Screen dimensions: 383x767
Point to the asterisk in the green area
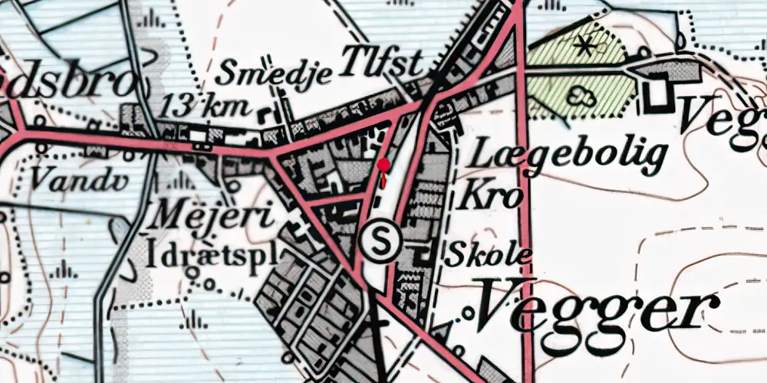click(x=585, y=47)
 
